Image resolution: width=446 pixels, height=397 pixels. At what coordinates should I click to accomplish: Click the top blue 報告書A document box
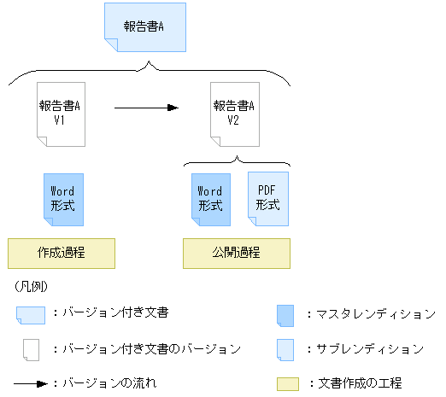144,26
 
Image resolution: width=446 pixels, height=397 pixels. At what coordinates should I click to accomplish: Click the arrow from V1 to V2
146,108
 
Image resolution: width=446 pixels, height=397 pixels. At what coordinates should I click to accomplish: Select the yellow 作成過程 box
60,254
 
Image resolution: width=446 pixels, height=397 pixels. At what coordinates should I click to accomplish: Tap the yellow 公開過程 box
237,254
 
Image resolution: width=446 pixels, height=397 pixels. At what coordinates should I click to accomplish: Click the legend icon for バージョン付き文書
31,314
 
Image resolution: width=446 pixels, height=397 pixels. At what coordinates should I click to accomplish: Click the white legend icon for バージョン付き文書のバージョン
31,349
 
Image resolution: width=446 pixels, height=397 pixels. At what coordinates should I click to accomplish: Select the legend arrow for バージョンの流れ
31,383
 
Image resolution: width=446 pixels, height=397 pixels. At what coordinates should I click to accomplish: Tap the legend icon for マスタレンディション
286,314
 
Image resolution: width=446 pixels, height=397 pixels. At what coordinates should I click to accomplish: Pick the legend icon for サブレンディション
286,348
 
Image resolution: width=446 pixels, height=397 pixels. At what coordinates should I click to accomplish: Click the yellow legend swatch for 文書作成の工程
286,383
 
